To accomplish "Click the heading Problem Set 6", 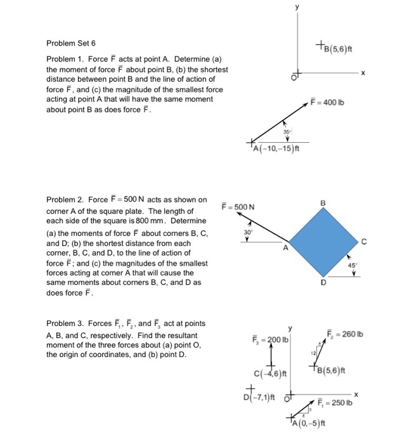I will click(71, 44).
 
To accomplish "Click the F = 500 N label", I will click(238, 207).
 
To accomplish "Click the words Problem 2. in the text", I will click(65, 199).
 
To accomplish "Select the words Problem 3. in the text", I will click(65, 324).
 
